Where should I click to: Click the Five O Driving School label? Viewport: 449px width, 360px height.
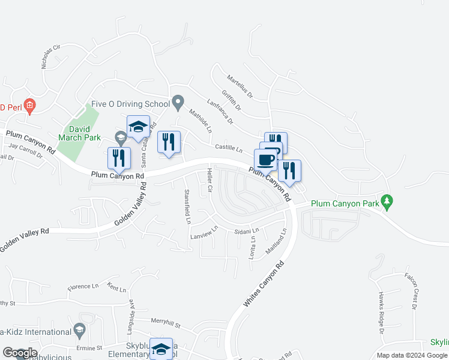tap(131, 104)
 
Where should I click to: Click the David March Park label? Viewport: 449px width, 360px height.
tap(80, 133)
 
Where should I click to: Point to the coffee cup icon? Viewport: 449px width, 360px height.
tap(266, 160)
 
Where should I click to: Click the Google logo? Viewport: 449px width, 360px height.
tap(19, 353)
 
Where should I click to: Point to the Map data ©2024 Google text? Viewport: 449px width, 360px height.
tap(411, 356)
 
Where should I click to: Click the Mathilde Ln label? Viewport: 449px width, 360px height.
tap(200, 121)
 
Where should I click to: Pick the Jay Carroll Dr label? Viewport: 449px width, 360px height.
tap(26, 149)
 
